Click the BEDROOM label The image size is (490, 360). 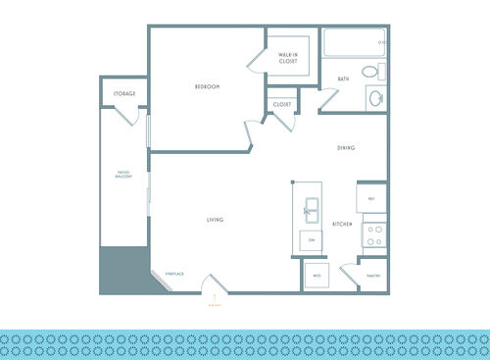pos(207,87)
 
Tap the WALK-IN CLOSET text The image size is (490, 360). pos(287,58)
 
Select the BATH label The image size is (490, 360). pos(343,78)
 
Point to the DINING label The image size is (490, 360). pos(346,148)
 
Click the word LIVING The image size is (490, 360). pos(216,220)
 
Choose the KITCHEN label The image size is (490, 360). pos(341,225)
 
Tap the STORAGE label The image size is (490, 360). pos(123,94)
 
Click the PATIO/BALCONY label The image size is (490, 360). pos(123,177)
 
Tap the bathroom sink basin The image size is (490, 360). pos(374,97)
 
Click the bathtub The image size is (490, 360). pos(353,43)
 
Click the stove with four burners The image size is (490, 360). pos(372,234)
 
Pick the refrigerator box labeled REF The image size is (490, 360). pos(372,199)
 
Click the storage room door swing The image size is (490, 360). pos(129,113)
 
